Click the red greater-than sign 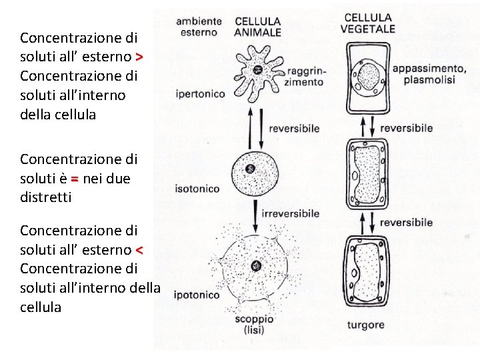[139, 57]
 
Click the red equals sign [75, 179]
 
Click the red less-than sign [139, 250]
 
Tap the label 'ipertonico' [200, 94]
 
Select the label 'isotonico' [197, 189]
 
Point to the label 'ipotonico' [196, 295]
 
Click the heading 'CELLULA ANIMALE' [258, 27]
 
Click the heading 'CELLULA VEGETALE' [367, 23]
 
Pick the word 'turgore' [365, 325]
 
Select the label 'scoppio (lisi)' [253, 325]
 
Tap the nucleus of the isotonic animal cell [250, 169]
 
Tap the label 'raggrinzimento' [303, 77]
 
